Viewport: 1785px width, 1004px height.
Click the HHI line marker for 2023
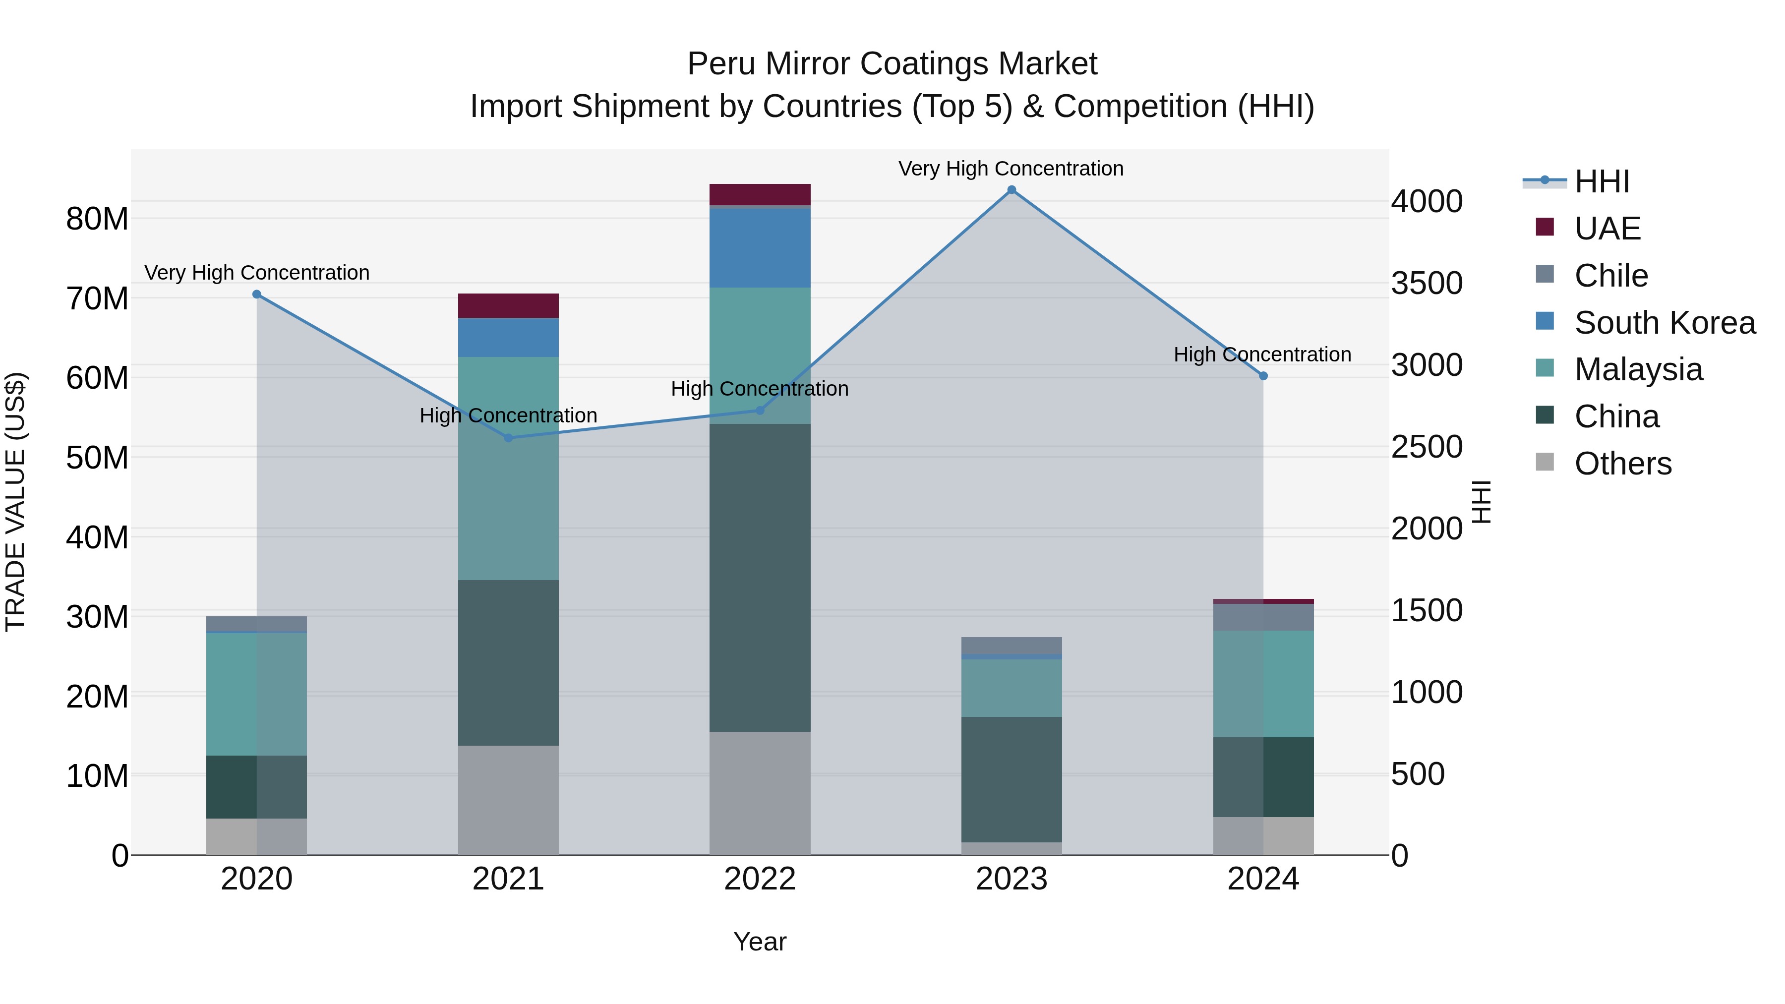pos(1011,190)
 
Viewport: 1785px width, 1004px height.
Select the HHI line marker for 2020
pos(256,295)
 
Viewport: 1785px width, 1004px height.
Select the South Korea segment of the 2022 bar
pos(760,247)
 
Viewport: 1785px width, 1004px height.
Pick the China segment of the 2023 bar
pos(1011,779)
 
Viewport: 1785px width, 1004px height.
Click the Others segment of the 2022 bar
pos(760,793)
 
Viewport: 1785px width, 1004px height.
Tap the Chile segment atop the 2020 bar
pos(256,624)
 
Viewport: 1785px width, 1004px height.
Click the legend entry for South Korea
pos(1665,323)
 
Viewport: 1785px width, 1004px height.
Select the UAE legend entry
pos(1607,229)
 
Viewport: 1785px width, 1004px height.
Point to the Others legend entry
pos(1623,464)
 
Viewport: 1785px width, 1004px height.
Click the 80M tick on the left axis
pos(97,219)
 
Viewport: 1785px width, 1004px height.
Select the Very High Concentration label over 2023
pos(1011,169)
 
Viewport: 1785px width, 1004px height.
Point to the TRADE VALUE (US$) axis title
pos(15,502)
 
